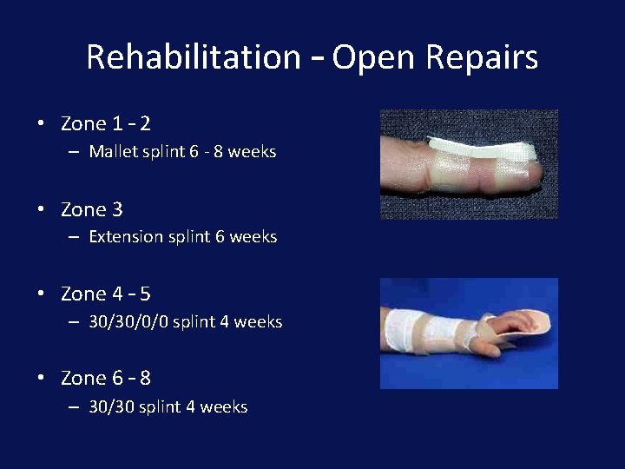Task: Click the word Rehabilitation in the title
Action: (x=193, y=57)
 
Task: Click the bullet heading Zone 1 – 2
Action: (x=105, y=124)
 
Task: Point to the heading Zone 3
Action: (x=91, y=209)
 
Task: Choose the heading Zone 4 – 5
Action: (x=105, y=294)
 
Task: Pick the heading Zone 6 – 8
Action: (x=105, y=378)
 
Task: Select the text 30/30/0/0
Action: (x=128, y=321)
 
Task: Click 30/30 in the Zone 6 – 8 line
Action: (x=110, y=406)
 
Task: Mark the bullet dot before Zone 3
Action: (x=41, y=209)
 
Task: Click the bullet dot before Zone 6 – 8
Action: (x=41, y=378)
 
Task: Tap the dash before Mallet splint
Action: (x=73, y=152)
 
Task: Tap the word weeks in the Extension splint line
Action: (x=253, y=236)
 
